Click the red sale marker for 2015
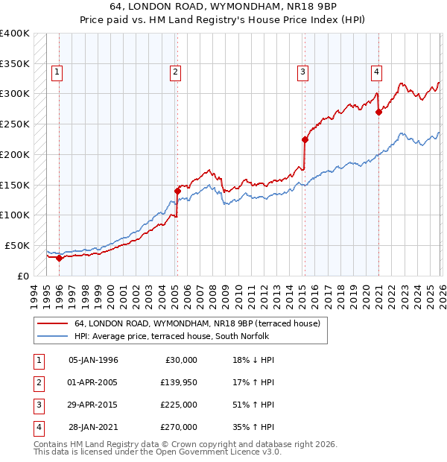[305, 139]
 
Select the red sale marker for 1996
[59, 258]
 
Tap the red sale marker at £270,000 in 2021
[378, 113]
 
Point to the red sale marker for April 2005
[177, 191]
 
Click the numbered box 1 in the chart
[57, 72]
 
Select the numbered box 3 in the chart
[303, 72]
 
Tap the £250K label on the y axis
[15, 124]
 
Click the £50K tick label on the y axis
[17, 245]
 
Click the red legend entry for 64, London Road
[197, 323]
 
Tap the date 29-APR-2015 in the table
[93, 405]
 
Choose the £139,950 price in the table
[179, 382]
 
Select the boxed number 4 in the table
[38, 427]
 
